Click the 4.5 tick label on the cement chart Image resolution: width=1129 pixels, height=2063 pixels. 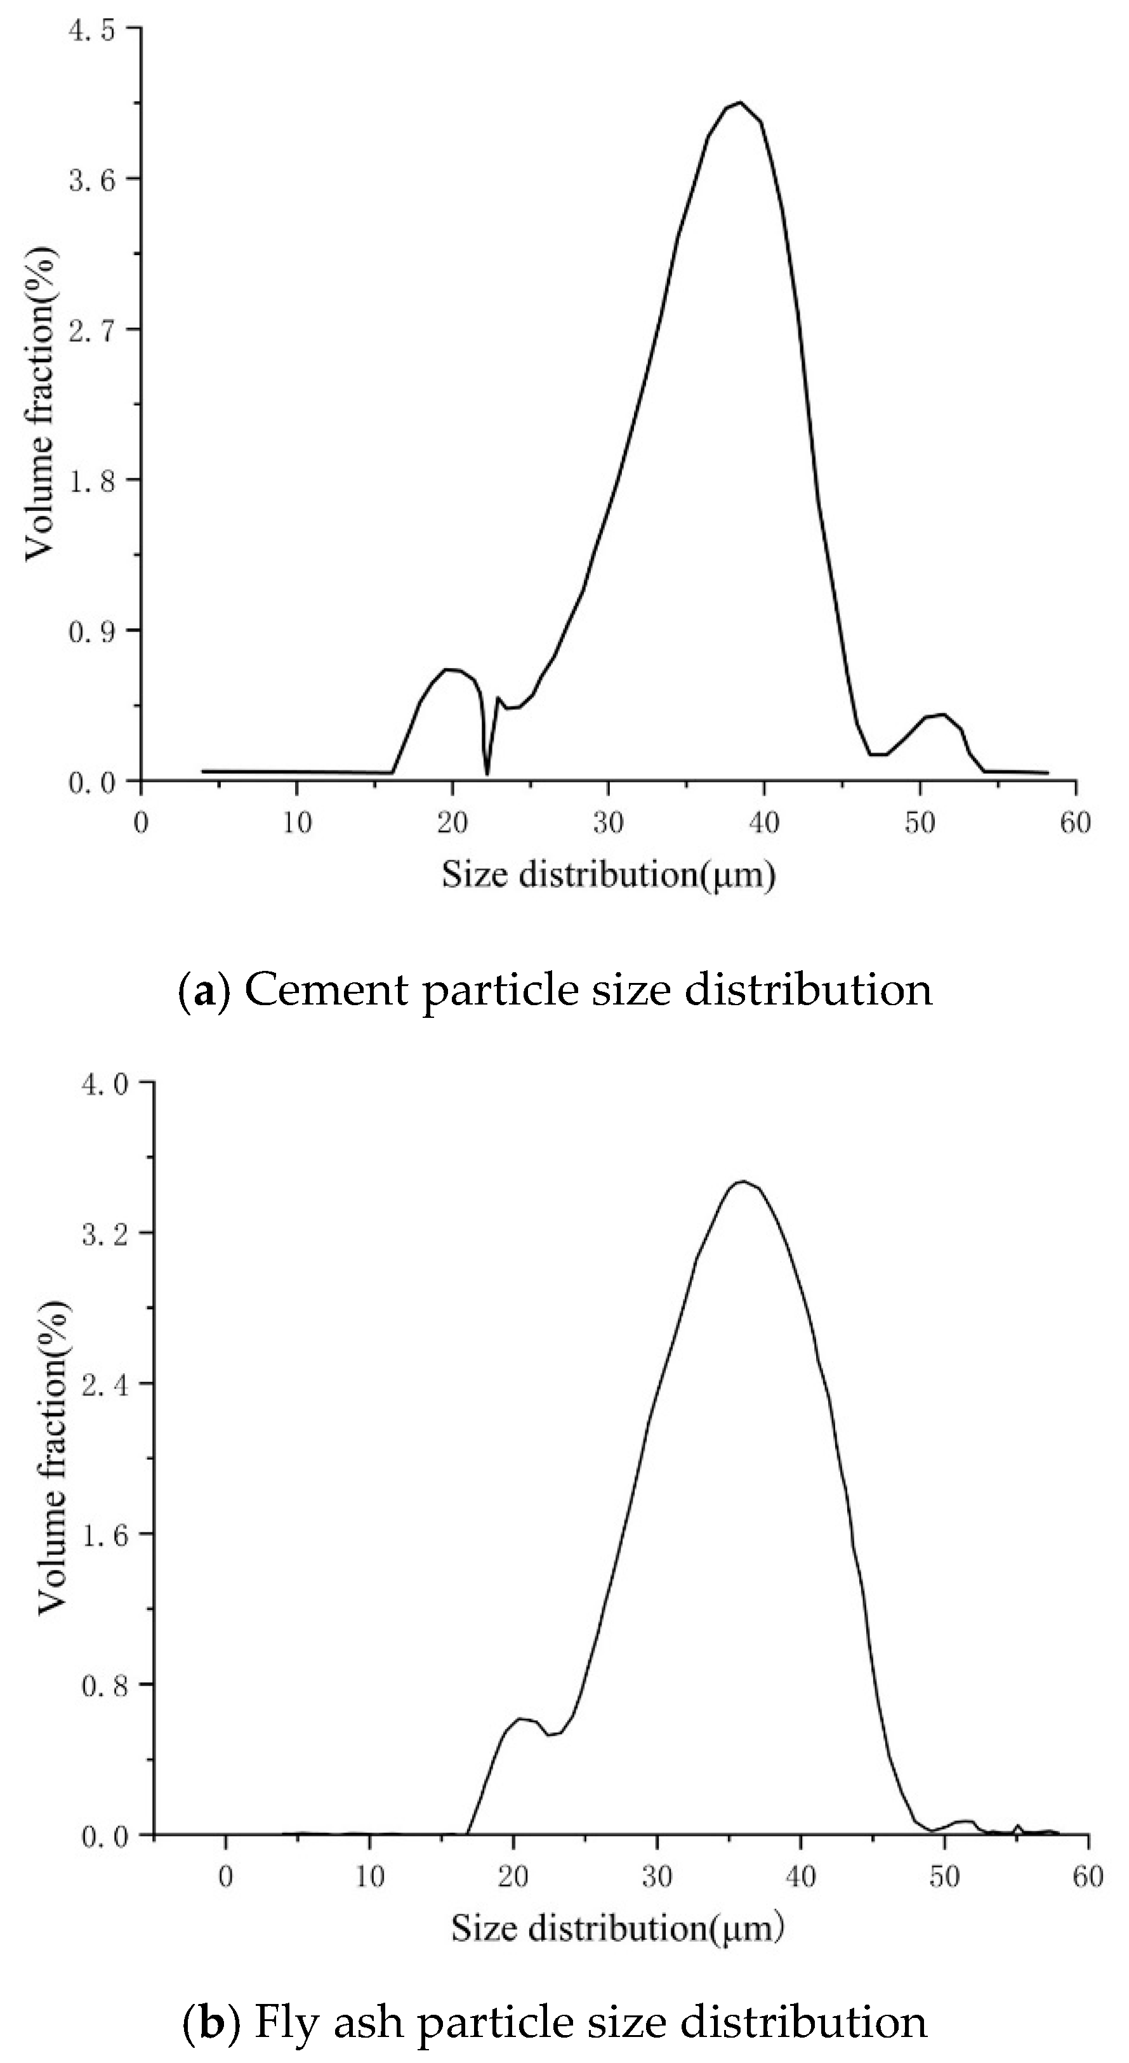92,30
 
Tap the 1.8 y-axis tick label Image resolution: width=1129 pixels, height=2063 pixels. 92,480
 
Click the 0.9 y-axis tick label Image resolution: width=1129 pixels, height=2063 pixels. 92,631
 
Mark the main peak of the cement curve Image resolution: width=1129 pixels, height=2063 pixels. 740,103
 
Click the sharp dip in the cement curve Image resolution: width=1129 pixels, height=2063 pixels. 487,773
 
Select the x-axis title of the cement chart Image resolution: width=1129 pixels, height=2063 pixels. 609,875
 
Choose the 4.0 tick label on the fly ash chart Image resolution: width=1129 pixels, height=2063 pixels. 106,1085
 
